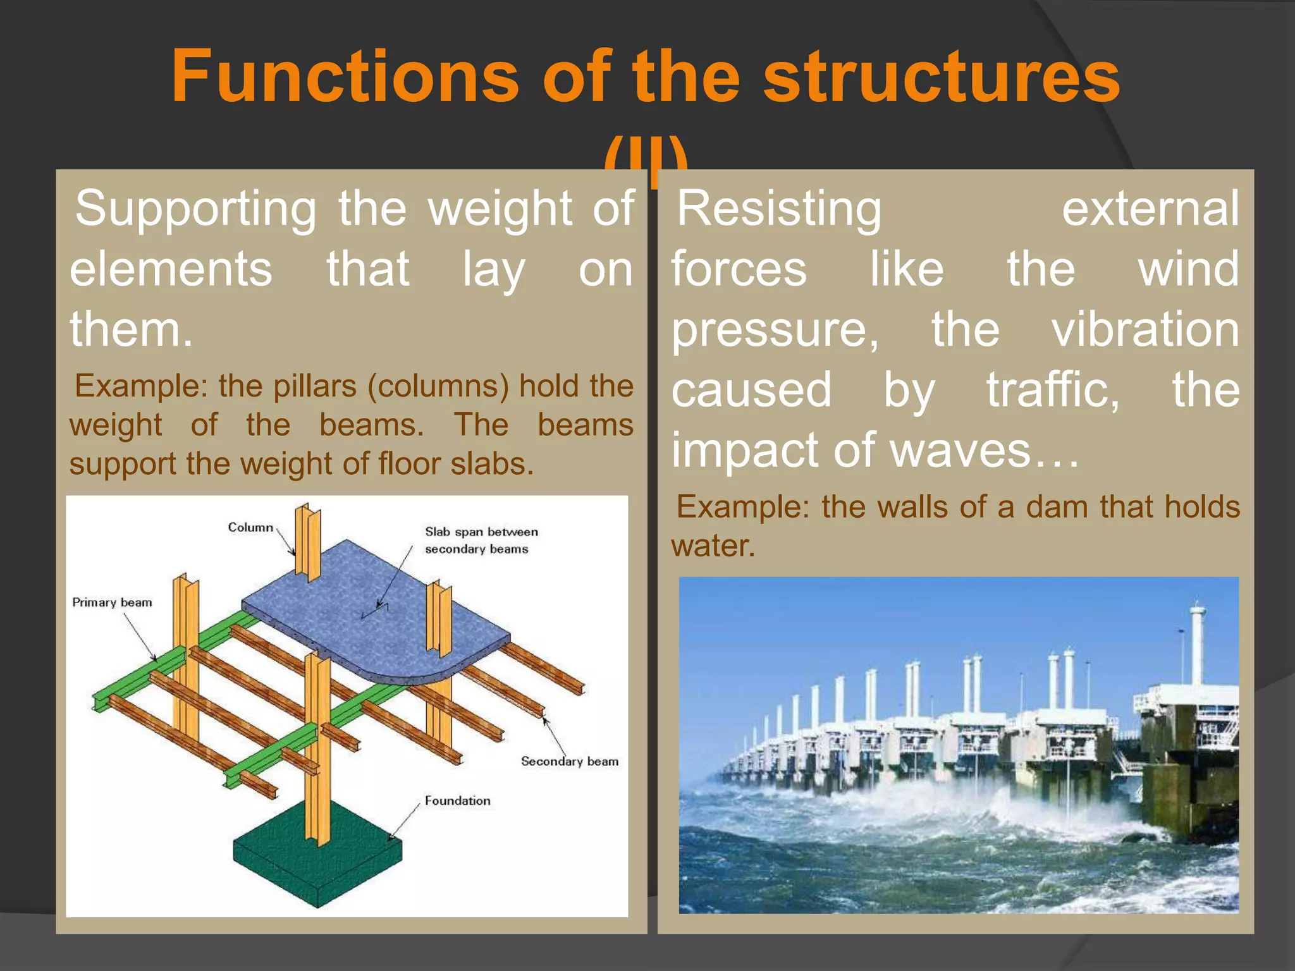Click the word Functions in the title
point(345,77)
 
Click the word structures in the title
point(942,77)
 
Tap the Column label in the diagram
point(250,527)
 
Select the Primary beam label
point(112,602)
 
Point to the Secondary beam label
point(569,761)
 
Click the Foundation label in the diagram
point(457,801)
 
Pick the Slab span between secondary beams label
point(481,540)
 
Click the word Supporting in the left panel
point(196,209)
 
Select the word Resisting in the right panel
point(779,209)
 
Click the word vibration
point(1145,329)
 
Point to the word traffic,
point(1053,390)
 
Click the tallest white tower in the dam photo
point(1197,645)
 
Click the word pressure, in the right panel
point(775,329)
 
